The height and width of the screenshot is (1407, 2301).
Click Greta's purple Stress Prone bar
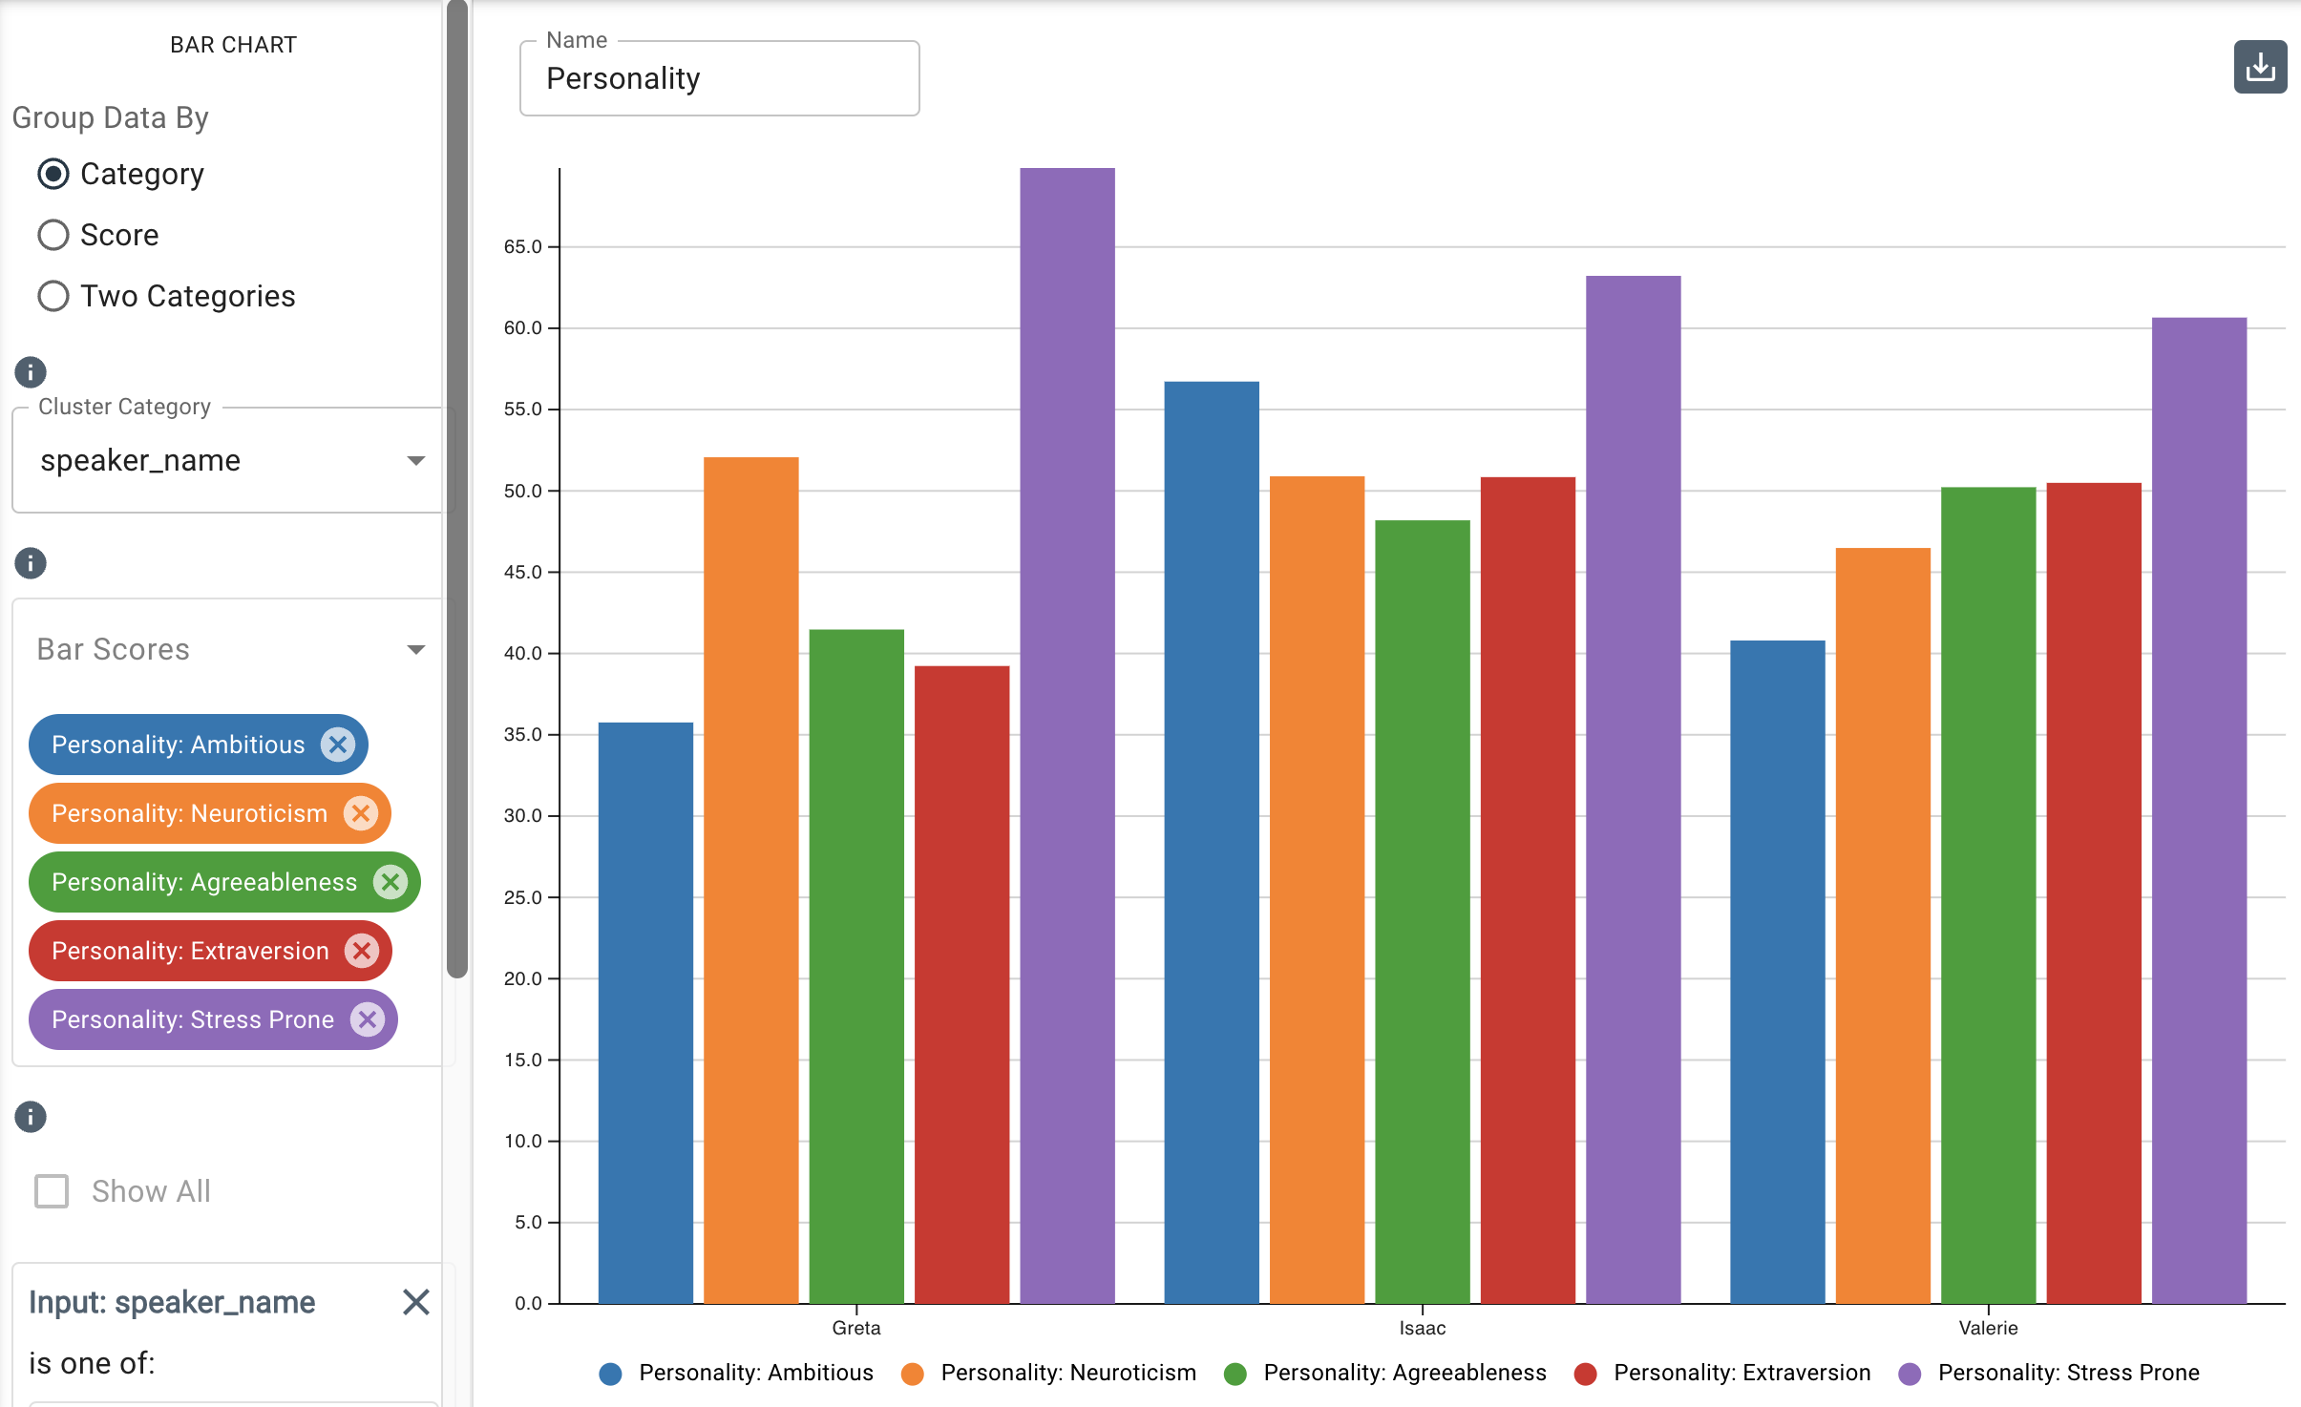(x=1066, y=735)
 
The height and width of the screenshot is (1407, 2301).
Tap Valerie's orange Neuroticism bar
(x=1882, y=925)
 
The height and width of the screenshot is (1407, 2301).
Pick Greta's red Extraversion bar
(x=961, y=984)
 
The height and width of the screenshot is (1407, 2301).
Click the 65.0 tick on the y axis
(x=522, y=246)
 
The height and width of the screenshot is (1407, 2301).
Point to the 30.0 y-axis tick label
(x=522, y=815)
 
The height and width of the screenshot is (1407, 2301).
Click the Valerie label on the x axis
(x=1988, y=1328)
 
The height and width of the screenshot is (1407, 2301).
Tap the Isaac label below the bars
(x=1422, y=1328)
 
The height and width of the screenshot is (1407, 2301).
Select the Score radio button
(x=53, y=235)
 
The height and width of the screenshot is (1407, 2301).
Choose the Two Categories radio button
(x=53, y=296)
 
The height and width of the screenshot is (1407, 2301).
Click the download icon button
(x=2259, y=67)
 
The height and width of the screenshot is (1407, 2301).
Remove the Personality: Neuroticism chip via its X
(x=361, y=813)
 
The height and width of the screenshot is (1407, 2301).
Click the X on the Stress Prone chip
(x=368, y=1019)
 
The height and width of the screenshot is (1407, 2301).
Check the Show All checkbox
(x=52, y=1191)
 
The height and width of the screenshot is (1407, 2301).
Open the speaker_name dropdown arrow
(x=415, y=461)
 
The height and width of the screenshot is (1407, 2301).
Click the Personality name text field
(x=719, y=79)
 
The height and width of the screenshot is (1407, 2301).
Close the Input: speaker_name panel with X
(x=415, y=1302)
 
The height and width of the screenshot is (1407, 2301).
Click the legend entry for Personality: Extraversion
(x=1722, y=1373)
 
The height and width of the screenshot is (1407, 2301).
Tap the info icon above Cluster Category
(x=31, y=372)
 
